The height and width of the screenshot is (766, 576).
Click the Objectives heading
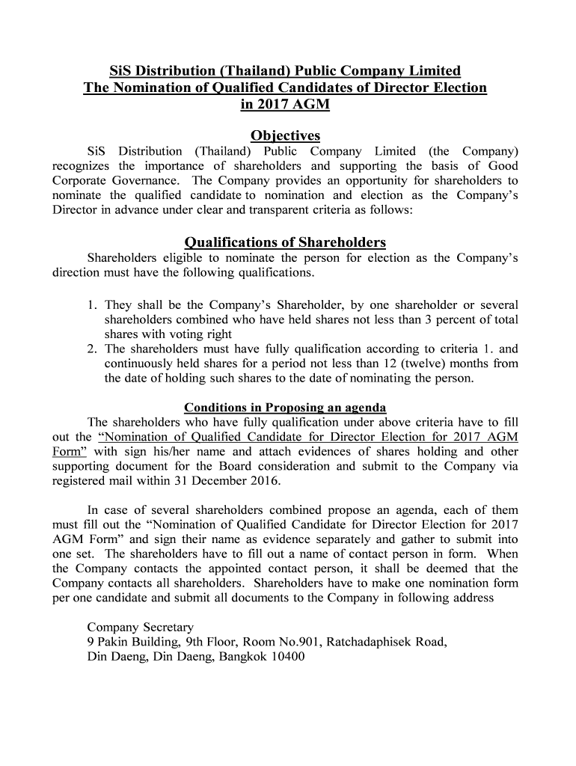[285, 135]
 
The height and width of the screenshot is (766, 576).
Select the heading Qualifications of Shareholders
[285, 242]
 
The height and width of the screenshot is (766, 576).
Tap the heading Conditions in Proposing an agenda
[285, 408]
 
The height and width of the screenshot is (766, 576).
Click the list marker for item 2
[93, 349]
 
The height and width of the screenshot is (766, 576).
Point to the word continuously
[142, 364]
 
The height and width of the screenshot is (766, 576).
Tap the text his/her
[174, 452]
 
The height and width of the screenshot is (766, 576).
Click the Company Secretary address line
[141, 627]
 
